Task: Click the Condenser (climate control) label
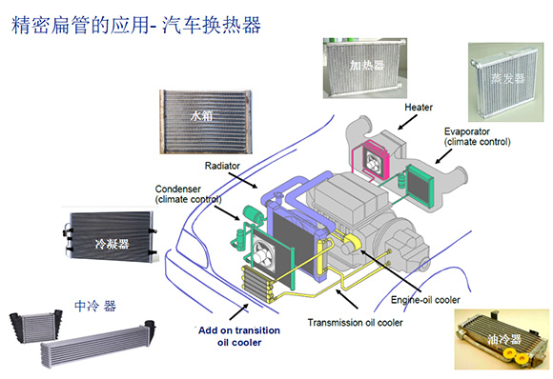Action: (x=188, y=193)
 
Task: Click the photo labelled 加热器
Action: (x=366, y=67)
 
